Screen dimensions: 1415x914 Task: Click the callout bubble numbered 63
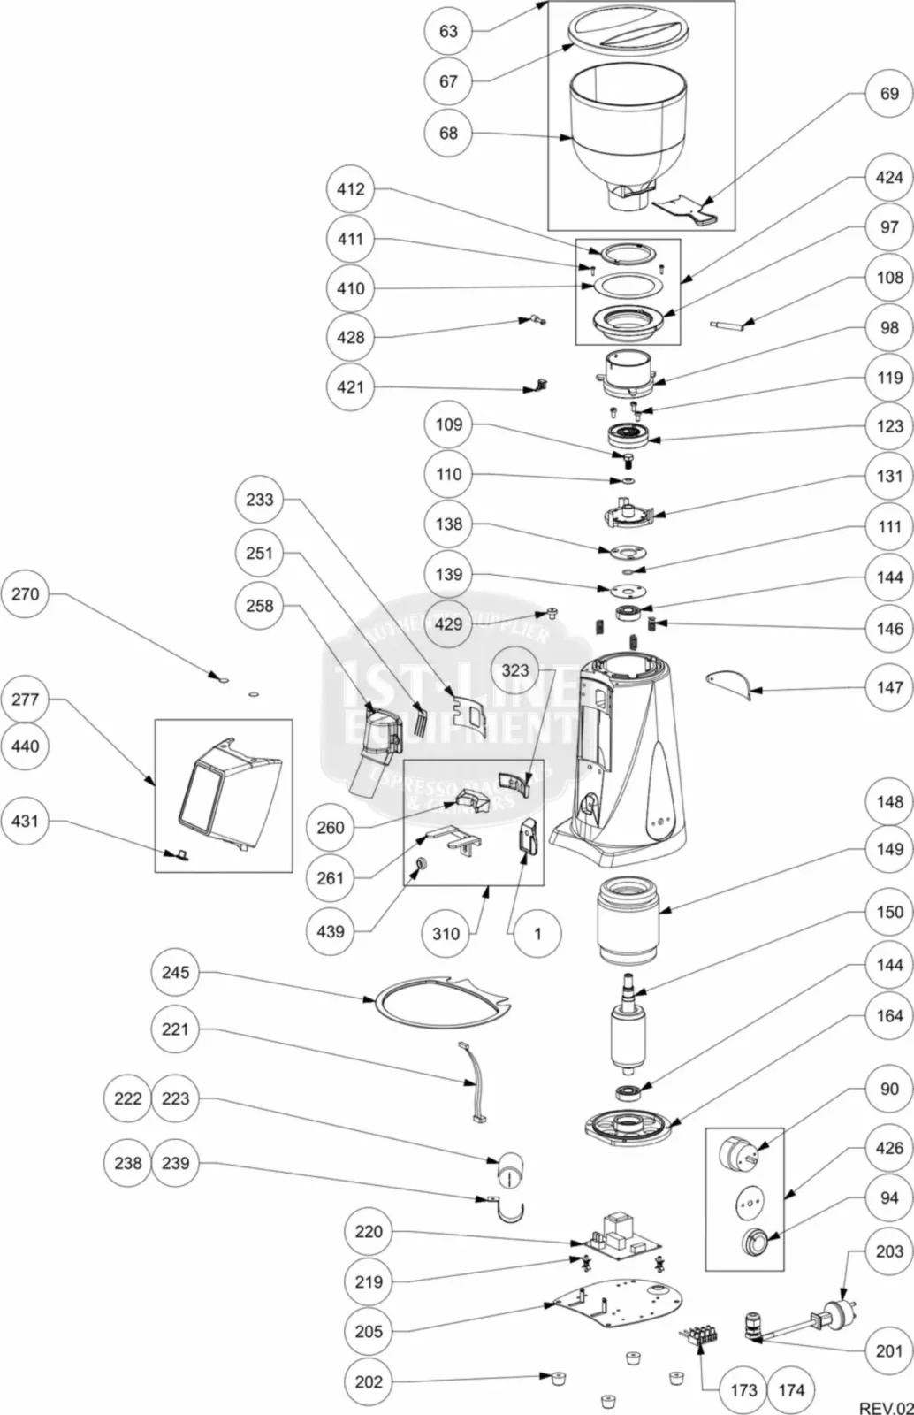448,31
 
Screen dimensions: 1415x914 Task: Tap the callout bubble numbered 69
889,93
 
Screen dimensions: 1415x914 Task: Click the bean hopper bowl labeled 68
626,133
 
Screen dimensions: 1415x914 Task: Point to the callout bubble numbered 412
351,188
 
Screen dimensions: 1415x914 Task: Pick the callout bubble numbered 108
889,277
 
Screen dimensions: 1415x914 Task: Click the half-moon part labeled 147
728,682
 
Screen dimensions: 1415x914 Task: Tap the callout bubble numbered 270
25,593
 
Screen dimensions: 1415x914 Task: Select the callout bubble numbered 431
25,821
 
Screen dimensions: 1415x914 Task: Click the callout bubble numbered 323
515,669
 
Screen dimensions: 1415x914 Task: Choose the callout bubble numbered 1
537,933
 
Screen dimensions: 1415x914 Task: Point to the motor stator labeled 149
627,920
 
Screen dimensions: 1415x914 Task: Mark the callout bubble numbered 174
791,1389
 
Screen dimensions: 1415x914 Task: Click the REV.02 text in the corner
885,1407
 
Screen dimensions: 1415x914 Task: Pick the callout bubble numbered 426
889,1148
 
